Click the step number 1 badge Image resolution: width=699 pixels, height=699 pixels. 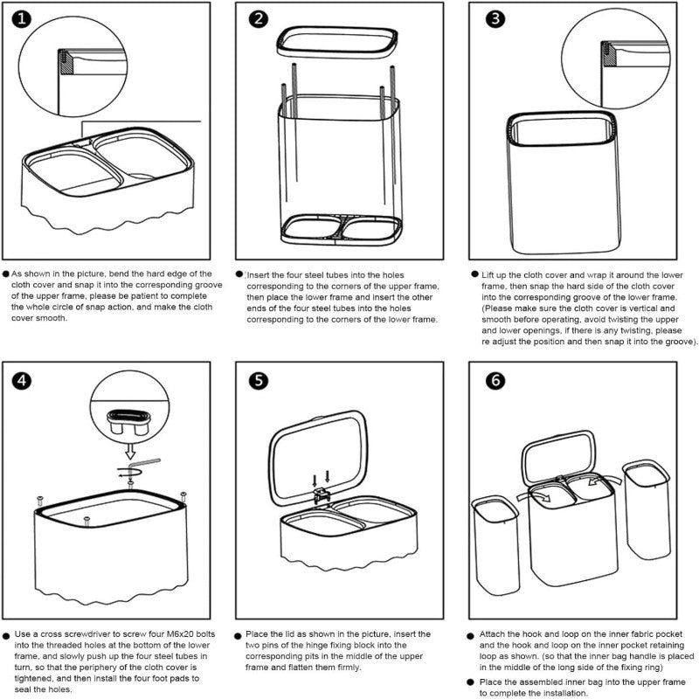(x=21, y=19)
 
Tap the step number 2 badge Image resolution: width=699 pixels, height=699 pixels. (x=259, y=19)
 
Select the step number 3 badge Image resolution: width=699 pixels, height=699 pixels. (x=495, y=19)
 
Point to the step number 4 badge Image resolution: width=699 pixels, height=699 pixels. (x=21, y=380)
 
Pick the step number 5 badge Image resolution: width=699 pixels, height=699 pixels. (x=259, y=380)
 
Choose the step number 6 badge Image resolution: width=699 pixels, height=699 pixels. (x=496, y=380)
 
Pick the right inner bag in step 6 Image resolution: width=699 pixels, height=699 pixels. (x=647, y=516)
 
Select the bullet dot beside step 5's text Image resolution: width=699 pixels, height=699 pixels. (x=238, y=634)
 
